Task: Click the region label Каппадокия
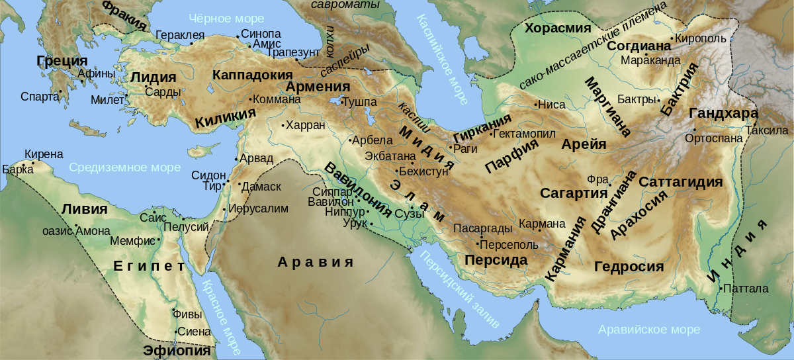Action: click(252, 75)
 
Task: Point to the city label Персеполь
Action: click(506, 244)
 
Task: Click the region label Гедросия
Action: click(628, 267)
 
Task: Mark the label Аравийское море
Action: click(648, 330)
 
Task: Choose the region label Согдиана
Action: click(639, 46)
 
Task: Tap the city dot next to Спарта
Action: click(61, 92)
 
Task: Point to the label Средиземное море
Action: click(115, 167)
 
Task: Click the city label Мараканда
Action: click(650, 60)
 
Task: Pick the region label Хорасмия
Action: click(557, 28)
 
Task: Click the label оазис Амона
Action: click(71, 231)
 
